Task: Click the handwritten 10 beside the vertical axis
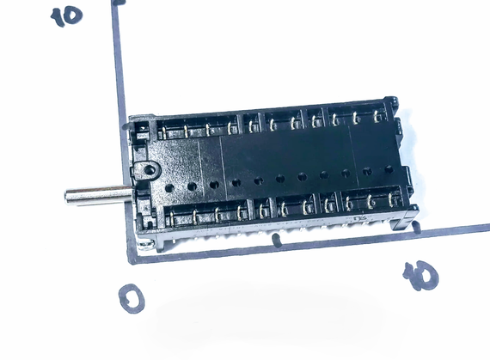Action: tap(66, 16)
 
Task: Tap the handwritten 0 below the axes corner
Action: tap(132, 298)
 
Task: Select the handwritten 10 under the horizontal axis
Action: tap(421, 276)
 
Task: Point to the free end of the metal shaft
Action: tap(66, 197)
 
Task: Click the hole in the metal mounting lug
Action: tap(150, 170)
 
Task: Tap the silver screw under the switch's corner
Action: tap(145, 245)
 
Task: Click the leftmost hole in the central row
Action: tap(169, 188)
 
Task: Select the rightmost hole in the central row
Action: tap(389, 169)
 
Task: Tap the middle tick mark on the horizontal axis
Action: tap(276, 240)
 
